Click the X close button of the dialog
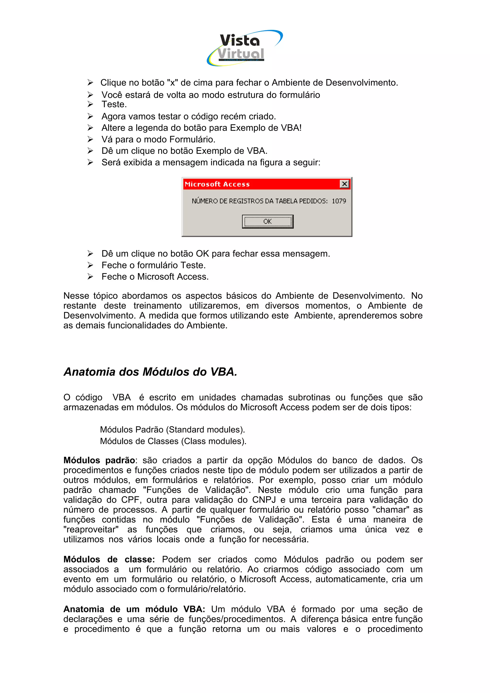point(344,184)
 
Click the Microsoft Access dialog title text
point(217,184)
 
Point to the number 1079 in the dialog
point(339,201)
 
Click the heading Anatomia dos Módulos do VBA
point(150,372)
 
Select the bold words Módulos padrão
point(99,460)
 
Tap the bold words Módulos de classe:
point(109,559)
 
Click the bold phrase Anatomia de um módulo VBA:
point(134,609)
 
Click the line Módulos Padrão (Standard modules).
point(173,429)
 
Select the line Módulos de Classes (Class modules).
point(173,441)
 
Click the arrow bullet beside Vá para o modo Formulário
point(90,139)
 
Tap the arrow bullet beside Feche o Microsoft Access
point(90,276)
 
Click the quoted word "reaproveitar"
point(91,529)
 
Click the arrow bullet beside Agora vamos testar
point(90,116)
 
